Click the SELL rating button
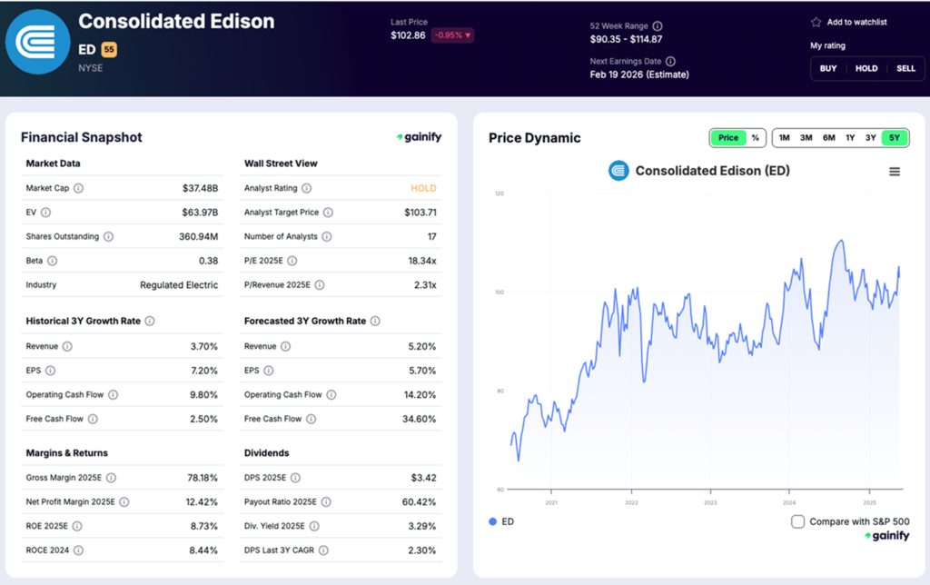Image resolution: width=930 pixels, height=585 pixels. [905, 68]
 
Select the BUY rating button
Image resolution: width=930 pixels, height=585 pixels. [828, 68]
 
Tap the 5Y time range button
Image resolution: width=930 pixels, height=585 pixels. [895, 138]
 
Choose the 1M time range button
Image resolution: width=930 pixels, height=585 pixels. [784, 138]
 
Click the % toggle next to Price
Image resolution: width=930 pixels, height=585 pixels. [755, 138]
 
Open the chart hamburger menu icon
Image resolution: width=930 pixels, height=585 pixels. [895, 172]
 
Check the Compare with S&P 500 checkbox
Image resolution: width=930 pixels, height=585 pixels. [797, 521]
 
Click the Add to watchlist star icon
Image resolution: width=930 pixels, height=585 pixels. [816, 22]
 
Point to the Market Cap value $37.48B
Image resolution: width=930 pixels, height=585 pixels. [201, 188]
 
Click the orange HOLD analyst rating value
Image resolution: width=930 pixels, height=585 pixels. [423, 188]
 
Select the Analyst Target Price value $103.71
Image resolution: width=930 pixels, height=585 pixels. [420, 213]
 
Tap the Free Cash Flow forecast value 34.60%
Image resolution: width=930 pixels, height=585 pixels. [419, 419]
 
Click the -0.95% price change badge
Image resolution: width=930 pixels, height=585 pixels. [453, 35]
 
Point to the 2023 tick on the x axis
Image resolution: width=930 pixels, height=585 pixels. [710, 501]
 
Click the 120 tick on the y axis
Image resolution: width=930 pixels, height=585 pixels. [500, 193]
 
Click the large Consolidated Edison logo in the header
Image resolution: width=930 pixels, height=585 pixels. [37, 41]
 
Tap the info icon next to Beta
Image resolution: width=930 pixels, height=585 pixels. [52, 261]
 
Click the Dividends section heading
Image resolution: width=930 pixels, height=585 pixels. [267, 452]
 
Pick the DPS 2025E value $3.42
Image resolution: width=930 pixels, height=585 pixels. [420, 477]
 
